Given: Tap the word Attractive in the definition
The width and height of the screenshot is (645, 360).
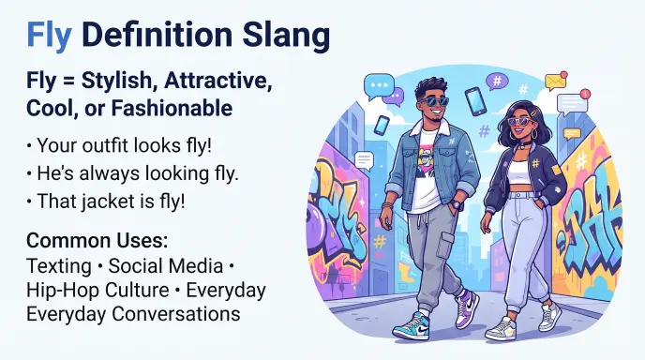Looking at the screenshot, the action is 218,82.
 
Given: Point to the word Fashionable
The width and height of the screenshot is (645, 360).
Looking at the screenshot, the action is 172,108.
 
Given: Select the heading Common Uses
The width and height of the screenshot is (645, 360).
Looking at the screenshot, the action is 97,241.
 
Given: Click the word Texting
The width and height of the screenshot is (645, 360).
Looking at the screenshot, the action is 59,266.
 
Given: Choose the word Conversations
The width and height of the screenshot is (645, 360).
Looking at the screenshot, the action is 176,314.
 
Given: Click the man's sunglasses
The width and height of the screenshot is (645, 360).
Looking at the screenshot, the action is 434,101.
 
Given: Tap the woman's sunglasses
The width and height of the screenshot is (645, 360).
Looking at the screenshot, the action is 519,121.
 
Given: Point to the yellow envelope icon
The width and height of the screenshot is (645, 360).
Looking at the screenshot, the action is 556,81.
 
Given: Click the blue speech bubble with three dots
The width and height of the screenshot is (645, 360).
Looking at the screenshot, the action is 379,86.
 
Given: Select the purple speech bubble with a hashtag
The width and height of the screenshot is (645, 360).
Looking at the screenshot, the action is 497,82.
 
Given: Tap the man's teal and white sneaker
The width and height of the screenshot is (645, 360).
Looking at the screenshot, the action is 412,326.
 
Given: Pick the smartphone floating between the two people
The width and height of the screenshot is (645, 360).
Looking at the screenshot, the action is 475,101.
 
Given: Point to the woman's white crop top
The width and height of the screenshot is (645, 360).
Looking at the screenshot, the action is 518,172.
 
